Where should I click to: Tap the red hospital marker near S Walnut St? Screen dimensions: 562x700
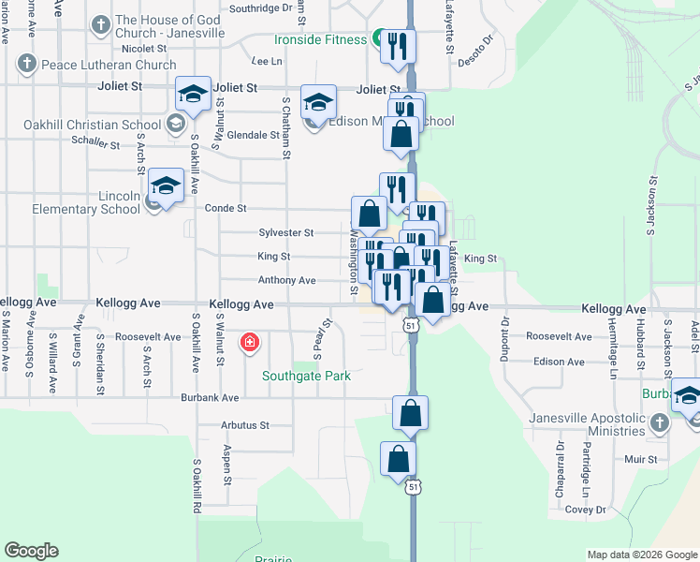click(x=250, y=342)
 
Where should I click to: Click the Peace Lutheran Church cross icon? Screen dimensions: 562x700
click(x=27, y=65)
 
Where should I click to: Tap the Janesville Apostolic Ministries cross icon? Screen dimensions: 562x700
click(x=659, y=423)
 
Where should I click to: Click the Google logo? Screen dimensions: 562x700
click(x=31, y=551)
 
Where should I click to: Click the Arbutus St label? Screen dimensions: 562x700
click(x=244, y=424)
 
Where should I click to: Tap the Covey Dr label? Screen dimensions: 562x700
click(x=586, y=510)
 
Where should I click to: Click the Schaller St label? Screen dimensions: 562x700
click(x=95, y=145)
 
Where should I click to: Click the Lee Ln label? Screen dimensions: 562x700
click(x=266, y=61)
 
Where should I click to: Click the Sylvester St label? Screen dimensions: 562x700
click(x=285, y=232)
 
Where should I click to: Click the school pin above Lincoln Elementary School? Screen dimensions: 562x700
click(x=166, y=185)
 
